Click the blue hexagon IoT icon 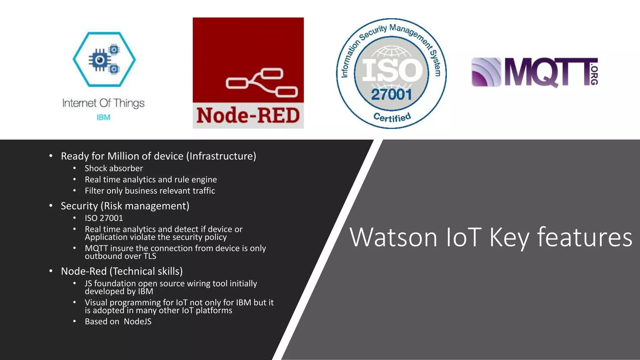click(104, 59)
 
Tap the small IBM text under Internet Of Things click(103, 117)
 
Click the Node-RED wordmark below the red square click(248, 116)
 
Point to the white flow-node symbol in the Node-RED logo click(262, 83)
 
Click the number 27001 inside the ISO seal click(391, 95)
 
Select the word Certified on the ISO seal click(392, 117)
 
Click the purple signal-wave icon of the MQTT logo click(486, 72)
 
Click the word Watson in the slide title click(393, 237)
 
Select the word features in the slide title click(584, 237)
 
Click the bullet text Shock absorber click(114, 168)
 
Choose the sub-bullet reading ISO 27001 click(104, 218)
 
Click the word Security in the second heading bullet click(79, 206)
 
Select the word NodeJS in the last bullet click(137, 322)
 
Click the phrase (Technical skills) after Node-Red click(146, 271)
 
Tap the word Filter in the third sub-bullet click(94, 191)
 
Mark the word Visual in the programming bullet click(96, 302)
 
